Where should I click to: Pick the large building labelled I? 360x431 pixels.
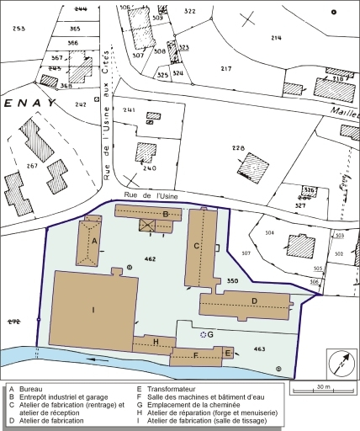coord(93,309)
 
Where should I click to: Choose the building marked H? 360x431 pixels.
coord(156,342)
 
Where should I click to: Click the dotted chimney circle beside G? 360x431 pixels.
coord(202,334)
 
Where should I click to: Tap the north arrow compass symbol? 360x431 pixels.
coord(341,365)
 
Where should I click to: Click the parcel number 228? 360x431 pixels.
coord(238,148)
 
